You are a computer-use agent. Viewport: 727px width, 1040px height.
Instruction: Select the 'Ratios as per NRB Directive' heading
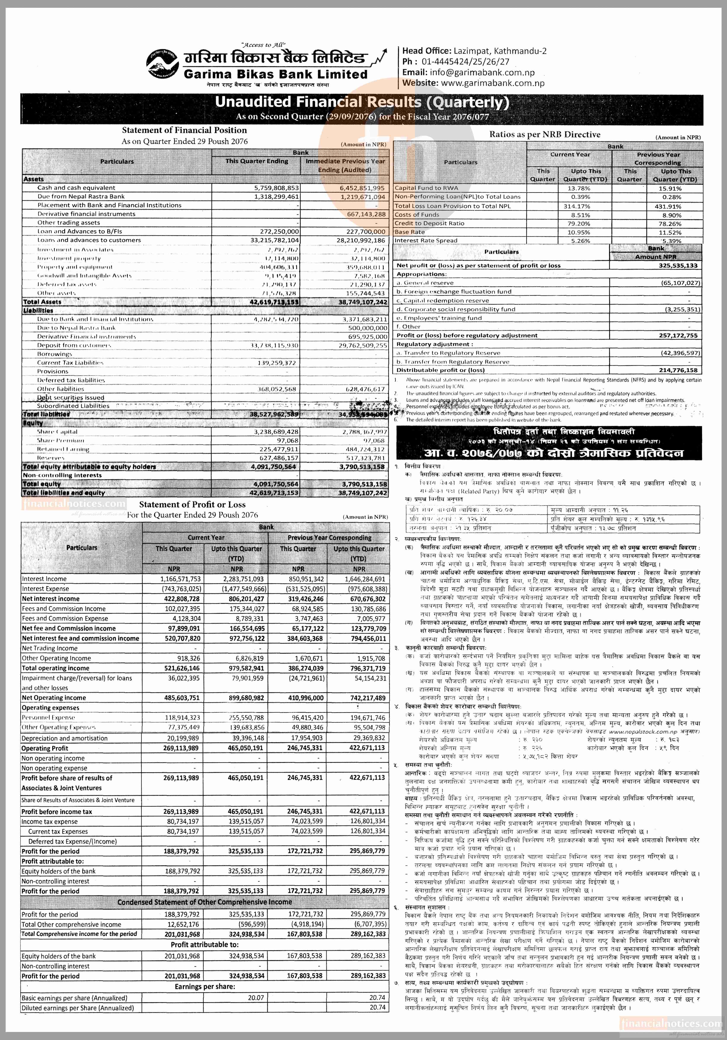click(x=545, y=135)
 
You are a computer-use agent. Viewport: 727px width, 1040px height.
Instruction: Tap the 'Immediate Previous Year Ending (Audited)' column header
click(x=345, y=165)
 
